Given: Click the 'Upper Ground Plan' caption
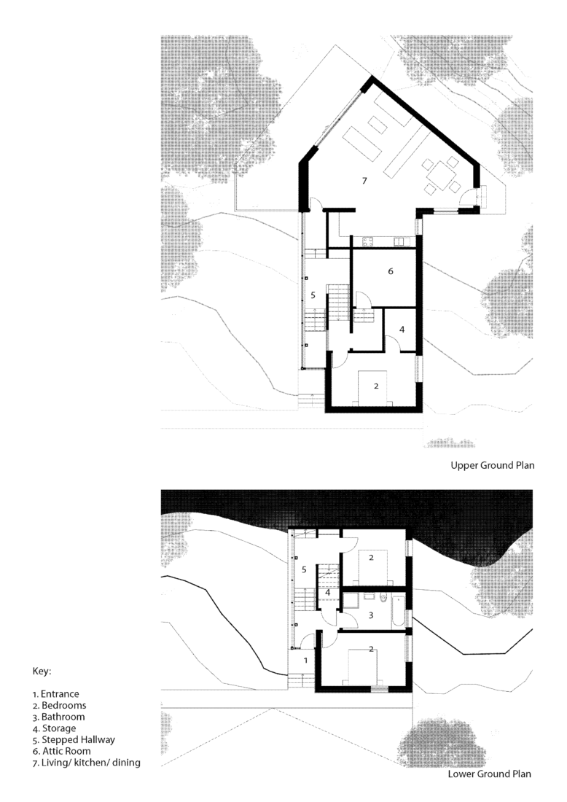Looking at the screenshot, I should (493, 465).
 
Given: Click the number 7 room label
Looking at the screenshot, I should (362, 179).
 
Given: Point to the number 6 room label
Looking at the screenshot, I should (391, 271).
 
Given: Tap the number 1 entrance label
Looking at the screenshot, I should (305, 660).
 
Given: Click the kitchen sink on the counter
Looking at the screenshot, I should (400, 241).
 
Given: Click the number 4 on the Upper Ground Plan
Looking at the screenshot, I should (402, 329).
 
